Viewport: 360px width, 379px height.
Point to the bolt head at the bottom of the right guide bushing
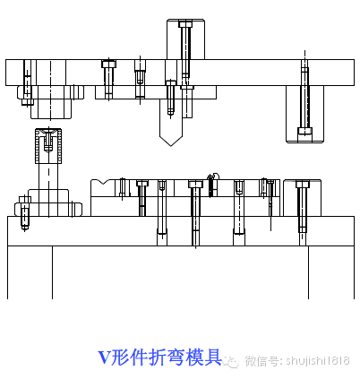(305, 134)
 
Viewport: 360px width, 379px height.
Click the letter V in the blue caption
(103, 357)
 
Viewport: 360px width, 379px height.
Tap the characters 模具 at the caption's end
(207, 357)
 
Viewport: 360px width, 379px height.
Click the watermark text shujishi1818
(317, 361)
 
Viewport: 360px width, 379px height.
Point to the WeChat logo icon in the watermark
(232, 361)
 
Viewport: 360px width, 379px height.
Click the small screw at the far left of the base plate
(25, 213)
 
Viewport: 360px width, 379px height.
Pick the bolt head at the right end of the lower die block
(302, 185)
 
